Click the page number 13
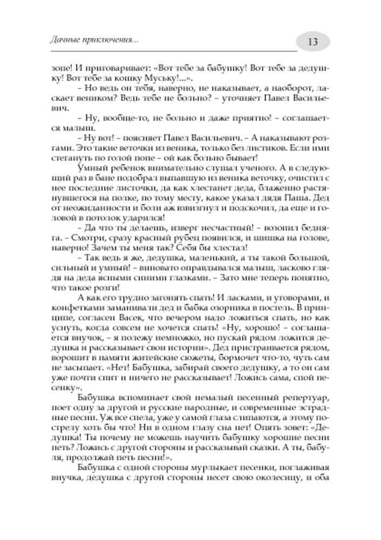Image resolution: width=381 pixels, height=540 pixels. pos(313,42)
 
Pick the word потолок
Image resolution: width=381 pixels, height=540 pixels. pos(99,218)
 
